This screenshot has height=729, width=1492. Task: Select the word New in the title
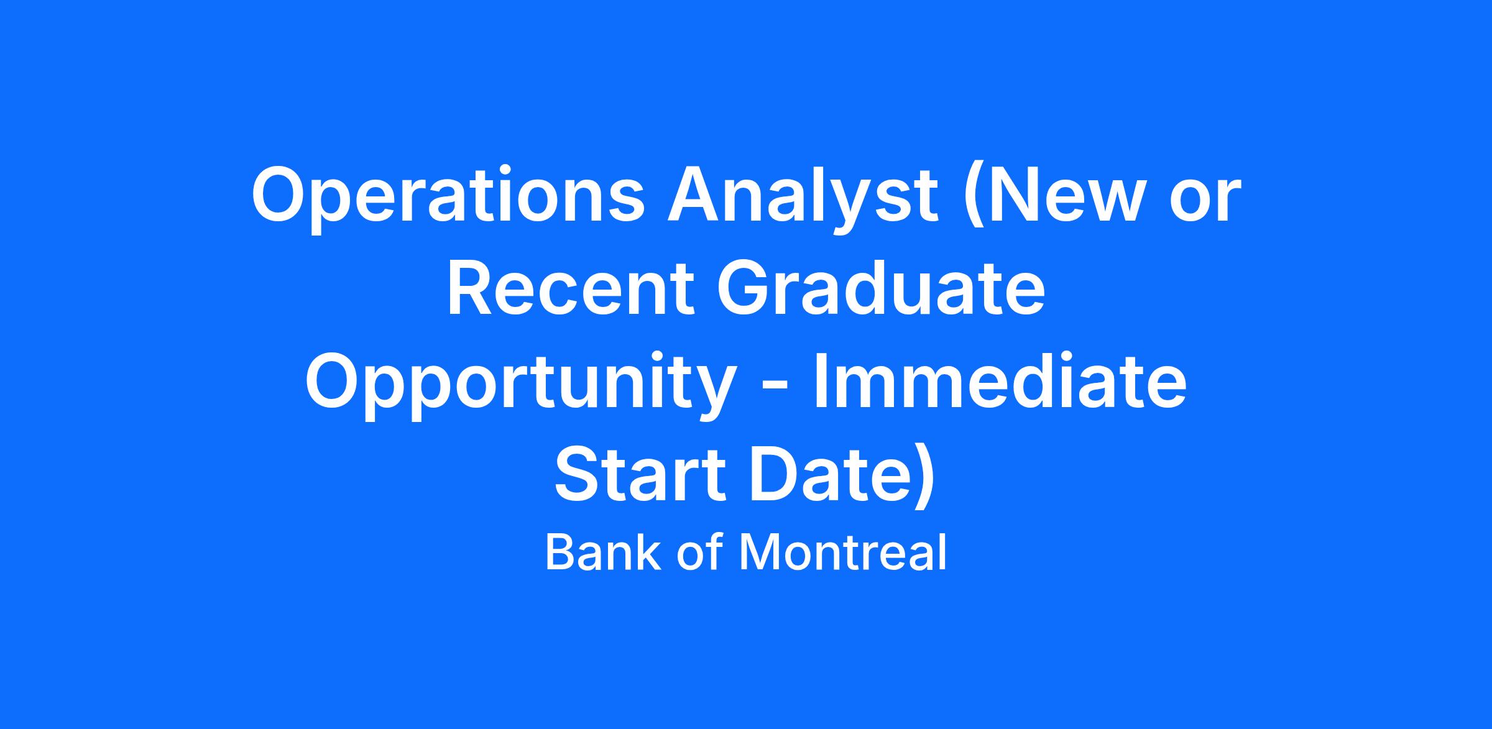pos(1062,193)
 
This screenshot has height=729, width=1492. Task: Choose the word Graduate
pos(880,288)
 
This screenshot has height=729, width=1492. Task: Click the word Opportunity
pos(520,385)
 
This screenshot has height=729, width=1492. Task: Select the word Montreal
pos(842,552)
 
